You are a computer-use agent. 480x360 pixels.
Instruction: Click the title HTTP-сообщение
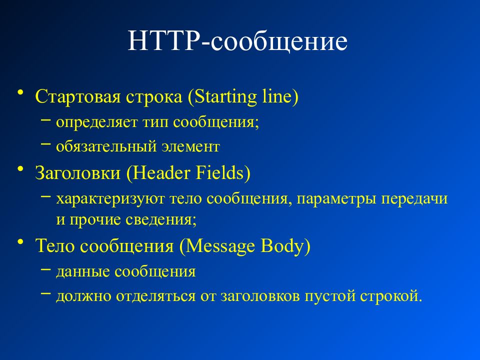click(237, 41)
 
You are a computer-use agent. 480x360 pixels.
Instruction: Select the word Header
click(160, 173)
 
